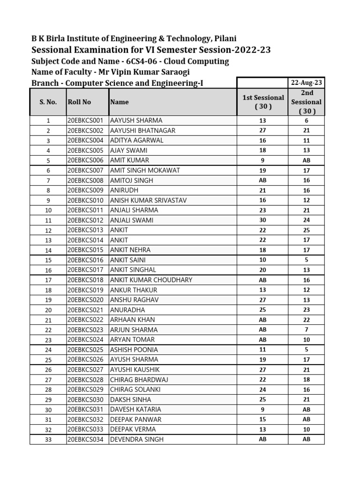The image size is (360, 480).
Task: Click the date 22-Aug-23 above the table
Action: point(306,82)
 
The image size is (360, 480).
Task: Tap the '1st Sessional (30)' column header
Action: point(262,102)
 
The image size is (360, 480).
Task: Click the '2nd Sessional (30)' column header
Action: point(306,102)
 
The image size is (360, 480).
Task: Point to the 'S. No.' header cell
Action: point(48,102)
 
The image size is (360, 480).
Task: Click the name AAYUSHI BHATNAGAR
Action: point(142,130)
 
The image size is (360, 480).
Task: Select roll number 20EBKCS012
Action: point(88,220)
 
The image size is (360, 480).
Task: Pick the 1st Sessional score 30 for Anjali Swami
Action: point(262,220)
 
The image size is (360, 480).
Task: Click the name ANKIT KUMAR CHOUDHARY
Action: point(151,280)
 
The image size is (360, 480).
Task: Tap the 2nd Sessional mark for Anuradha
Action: point(306,310)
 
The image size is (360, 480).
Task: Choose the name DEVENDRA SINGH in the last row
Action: point(137,439)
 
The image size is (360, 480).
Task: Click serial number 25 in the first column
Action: point(48,360)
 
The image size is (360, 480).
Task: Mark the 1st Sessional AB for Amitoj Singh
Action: point(262,180)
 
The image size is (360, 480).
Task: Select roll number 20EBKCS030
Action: point(88,399)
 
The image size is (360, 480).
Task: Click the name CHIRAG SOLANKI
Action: point(135,390)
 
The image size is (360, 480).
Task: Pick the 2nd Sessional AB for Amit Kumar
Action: point(306,160)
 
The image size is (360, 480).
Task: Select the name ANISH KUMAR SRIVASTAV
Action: point(148,200)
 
